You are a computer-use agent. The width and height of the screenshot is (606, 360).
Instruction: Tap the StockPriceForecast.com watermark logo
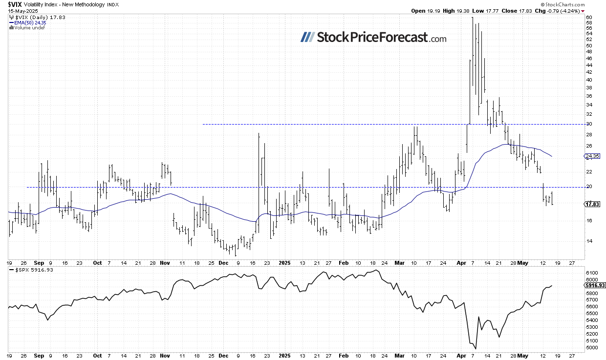coord(373,37)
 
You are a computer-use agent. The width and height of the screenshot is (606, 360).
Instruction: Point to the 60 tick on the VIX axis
coord(589,17)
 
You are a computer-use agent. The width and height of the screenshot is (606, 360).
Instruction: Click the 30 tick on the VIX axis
coord(589,124)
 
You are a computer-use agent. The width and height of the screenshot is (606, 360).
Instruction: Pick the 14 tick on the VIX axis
coord(589,241)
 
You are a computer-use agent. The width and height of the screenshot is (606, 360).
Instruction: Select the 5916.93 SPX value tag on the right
coord(595,286)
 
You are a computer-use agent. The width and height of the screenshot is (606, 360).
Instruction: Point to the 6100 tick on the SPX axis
coord(591,273)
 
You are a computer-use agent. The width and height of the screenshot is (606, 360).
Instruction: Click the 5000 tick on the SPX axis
coord(591,348)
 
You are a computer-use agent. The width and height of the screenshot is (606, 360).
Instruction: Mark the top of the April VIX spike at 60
coord(473,18)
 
